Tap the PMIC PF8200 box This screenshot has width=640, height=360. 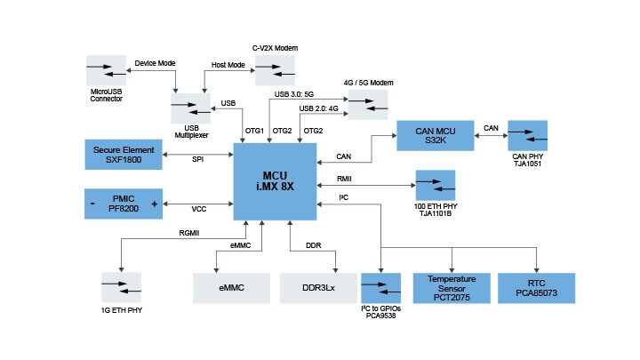[x=124, y=204]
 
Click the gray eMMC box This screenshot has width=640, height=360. [x=231, y=288]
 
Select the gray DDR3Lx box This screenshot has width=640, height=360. [x=318, y=288]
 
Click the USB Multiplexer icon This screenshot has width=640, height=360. [x=190, y=108]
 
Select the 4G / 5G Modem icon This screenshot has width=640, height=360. [x=367, y=107]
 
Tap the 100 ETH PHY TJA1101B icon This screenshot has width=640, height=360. [x=435, y=186]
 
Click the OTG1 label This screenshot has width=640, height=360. [x=255, y=131]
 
